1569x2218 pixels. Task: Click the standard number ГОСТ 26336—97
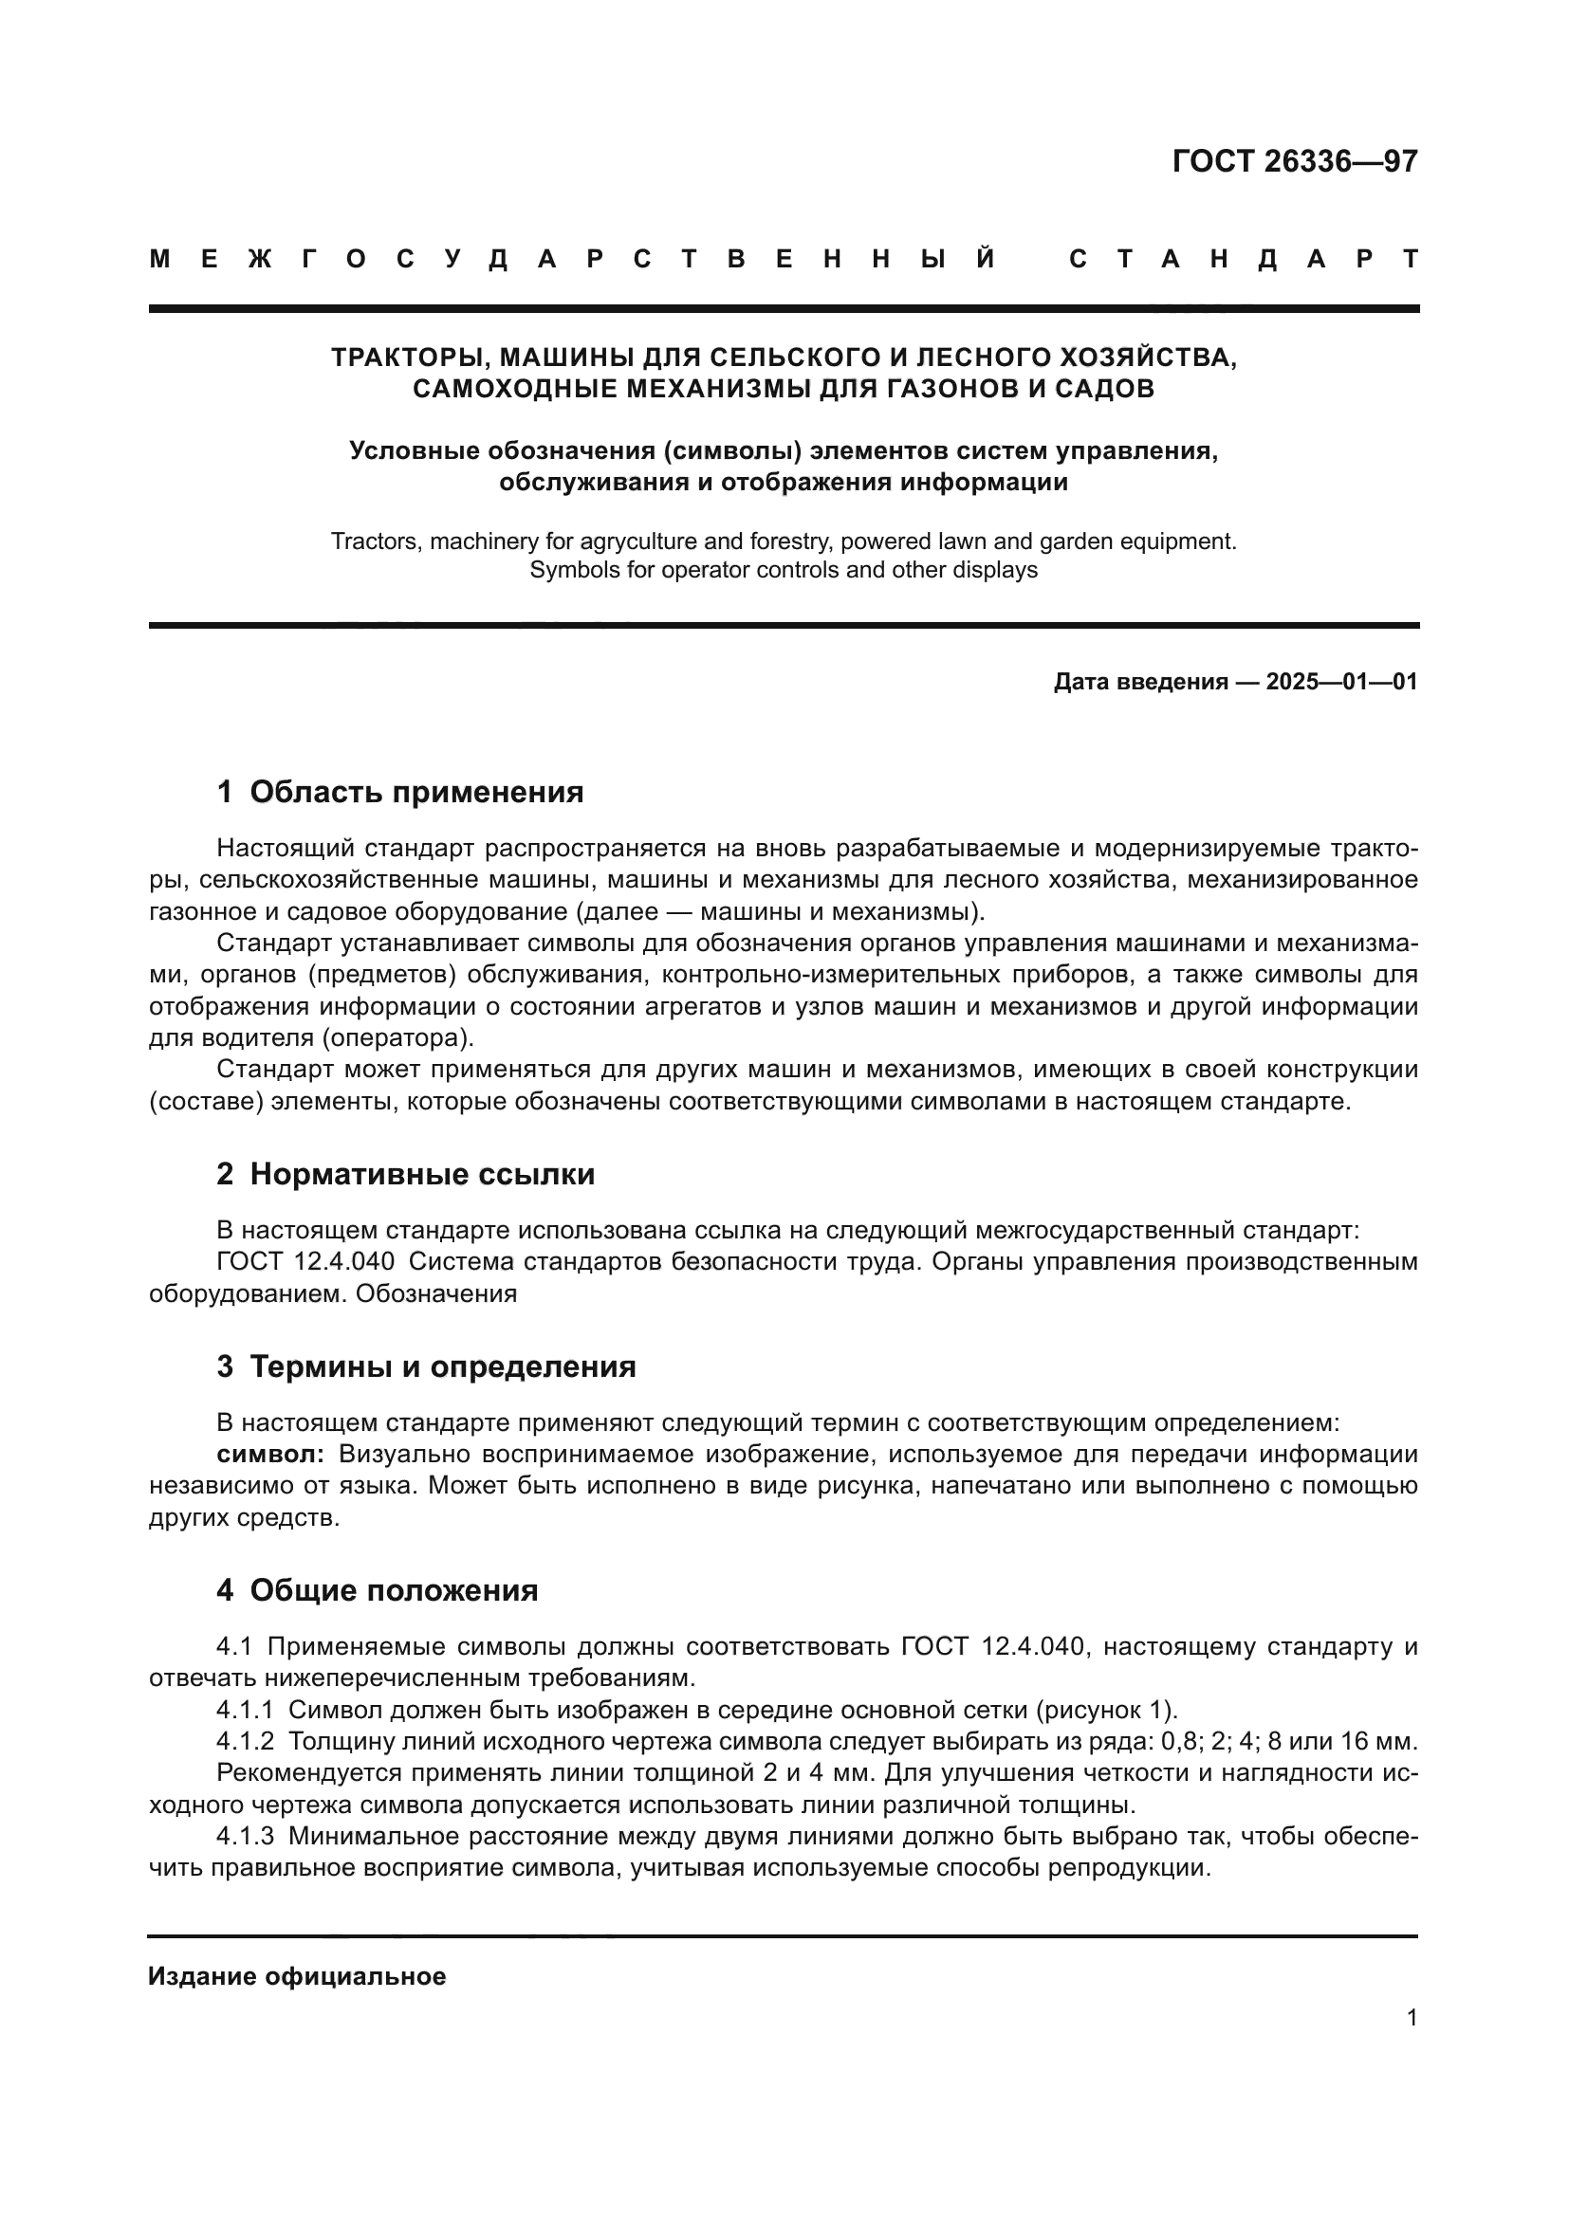tap(1295, 161)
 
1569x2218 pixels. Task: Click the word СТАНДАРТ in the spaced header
tap(1244, 260)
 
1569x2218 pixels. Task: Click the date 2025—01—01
tap(1341, 682)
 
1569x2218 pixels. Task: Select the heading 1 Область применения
tap(400, 793)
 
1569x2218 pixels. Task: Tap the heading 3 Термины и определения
tap(426, 1367)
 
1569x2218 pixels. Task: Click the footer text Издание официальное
tap(297, 1976)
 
